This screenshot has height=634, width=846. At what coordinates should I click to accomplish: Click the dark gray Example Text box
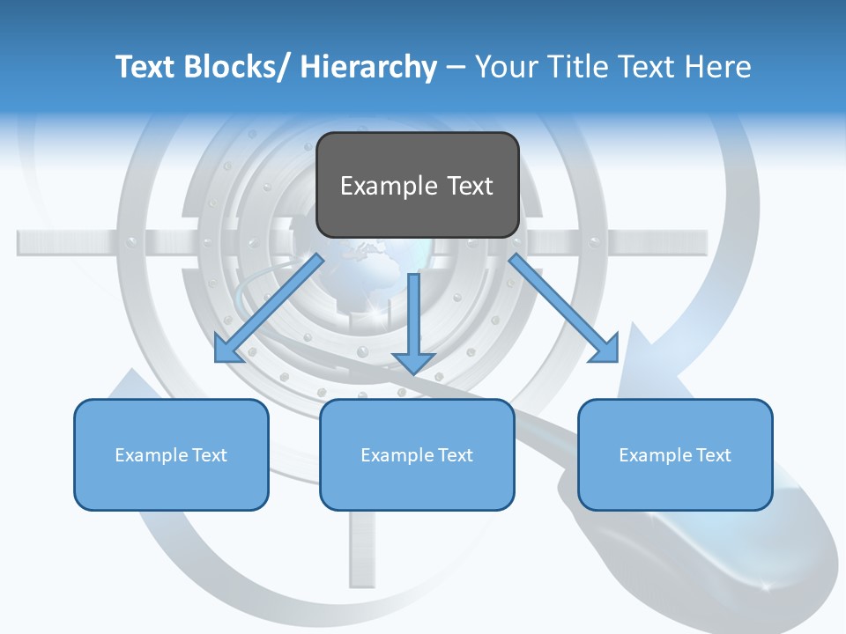click(417, 185)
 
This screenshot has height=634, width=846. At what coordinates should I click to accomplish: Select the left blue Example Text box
click(171, 454)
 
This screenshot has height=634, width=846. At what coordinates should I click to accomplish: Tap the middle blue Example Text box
click(417, 454)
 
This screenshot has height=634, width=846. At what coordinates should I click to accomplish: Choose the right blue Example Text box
click(675, 454)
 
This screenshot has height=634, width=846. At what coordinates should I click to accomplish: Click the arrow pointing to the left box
click(269, 308)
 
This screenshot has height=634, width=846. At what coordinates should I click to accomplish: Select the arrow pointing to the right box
click(564, 308)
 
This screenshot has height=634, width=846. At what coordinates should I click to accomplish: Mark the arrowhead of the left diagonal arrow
click(227, 350)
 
